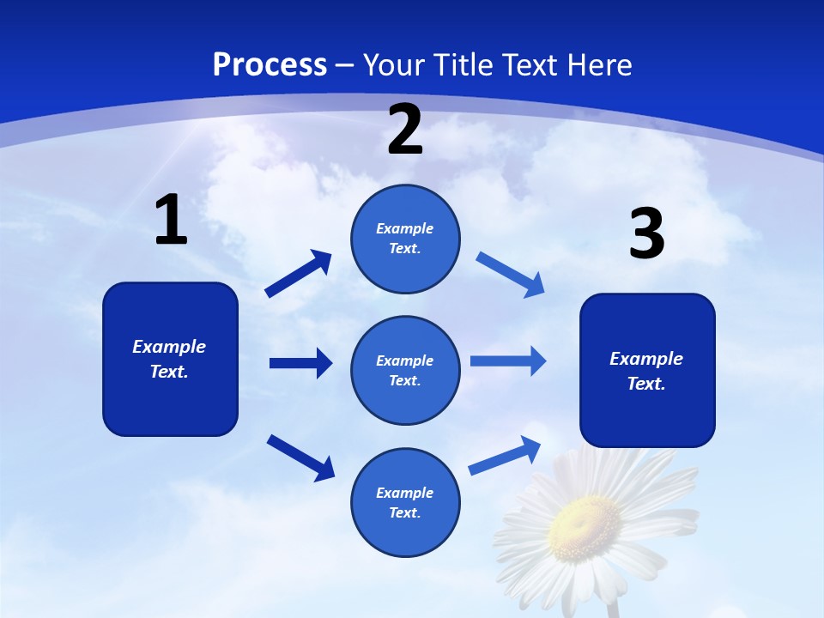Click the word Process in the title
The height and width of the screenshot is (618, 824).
pyautogui.click(x=270, y=65)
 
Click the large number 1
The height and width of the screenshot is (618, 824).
pyautogui.click(x=171, y=221)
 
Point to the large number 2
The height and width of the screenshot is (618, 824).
pyautogui.click(x=405, y=130)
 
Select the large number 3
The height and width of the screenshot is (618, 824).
pyautogui.click(x=646, y=235)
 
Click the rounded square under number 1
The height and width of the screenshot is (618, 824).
pyautogui.click(x=170, y=359)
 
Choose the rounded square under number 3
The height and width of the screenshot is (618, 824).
pyautogui.click(x=647, y=370)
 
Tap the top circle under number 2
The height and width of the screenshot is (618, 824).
pyautogui.click(x=405, y=239)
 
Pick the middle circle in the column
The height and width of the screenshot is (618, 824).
pyautogui.click(x=405, y=370)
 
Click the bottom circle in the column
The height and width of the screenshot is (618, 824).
pyautogui.click(x=405, y=502)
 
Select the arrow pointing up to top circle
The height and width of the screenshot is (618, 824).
pyautogui.click(x=299, y=274)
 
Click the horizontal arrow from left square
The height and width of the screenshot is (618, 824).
pyautogui.click(x=300, y=363)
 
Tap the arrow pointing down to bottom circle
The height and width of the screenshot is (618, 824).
pyautogui.click(x=300, y=457)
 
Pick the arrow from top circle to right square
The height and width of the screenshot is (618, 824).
pyautogui.click(x=510, y=274)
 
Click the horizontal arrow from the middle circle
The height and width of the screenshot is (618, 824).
pyautogui.click(x=507, y=360)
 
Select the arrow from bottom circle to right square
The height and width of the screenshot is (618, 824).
pyautogui.click(x=505, y=456)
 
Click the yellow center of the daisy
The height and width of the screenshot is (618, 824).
pyautogui.click(x=585, y=522)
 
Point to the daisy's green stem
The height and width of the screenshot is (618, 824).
pyautogui.click(x=613, y=608)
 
